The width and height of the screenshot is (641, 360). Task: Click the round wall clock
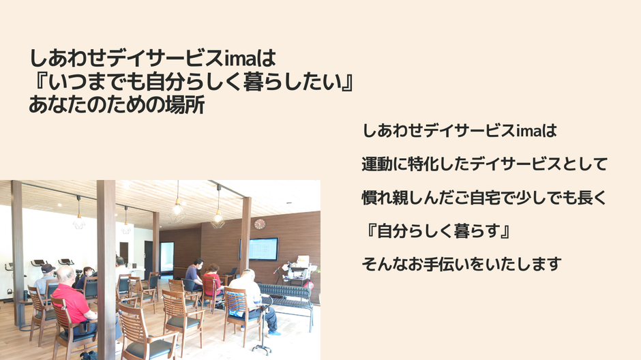(x=260, y=224)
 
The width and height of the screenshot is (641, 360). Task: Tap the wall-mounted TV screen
(x=264, y=249)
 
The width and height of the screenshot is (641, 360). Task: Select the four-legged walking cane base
(x=262, y=348)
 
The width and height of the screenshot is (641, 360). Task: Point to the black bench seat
(x=285, y=292)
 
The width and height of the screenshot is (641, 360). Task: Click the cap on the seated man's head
(x=48, y=268)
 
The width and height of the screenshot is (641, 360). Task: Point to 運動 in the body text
(x=377, y=164)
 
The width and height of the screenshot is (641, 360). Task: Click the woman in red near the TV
(x=212, y=281)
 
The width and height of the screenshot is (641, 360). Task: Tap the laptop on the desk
(x=233, y=271)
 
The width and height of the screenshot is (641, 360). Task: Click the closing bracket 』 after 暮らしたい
(x=348, y=81)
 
